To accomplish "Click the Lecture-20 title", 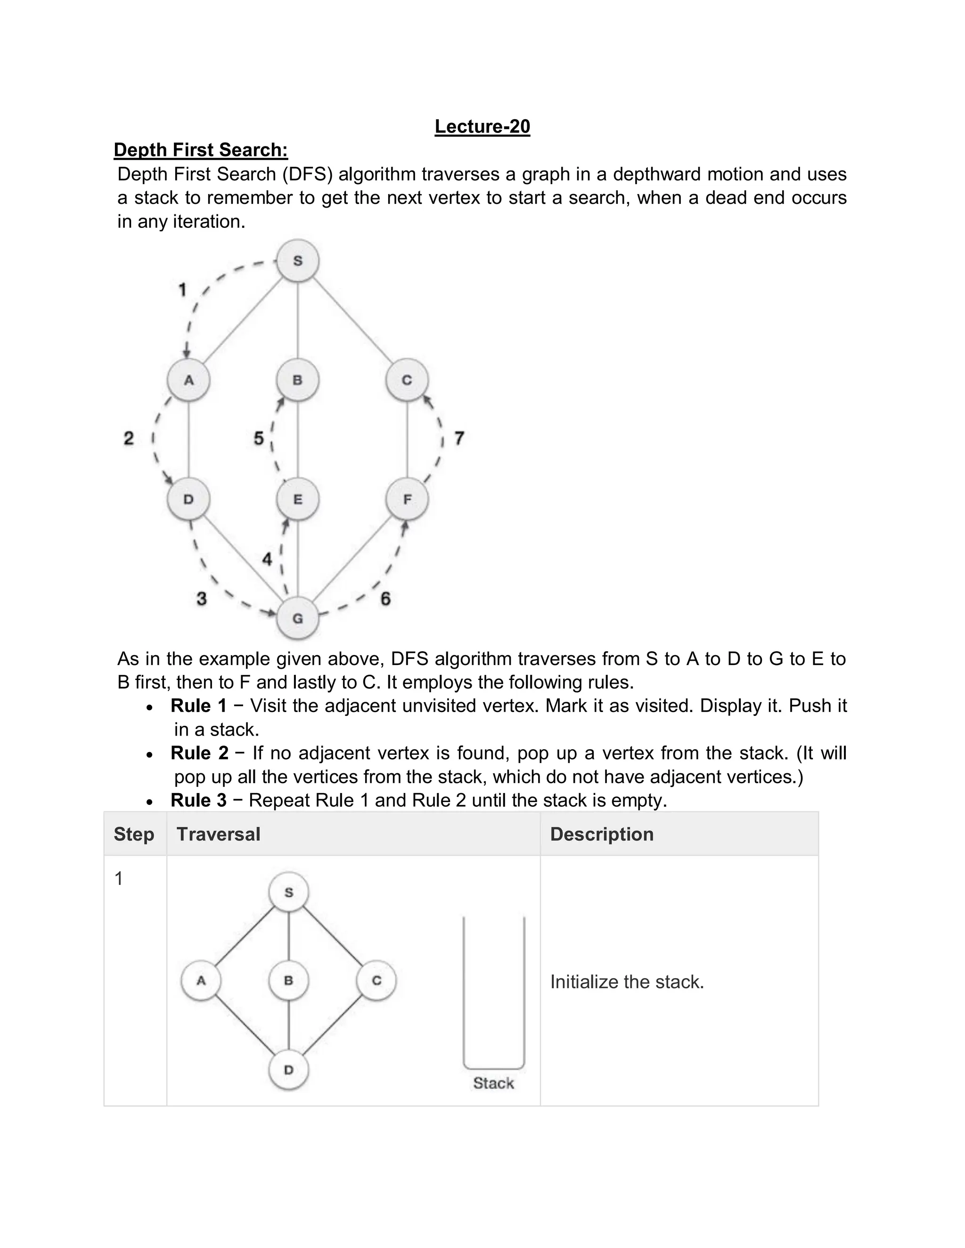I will [482, 126].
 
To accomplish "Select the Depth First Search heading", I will [201, 150].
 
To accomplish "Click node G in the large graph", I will [297, 618].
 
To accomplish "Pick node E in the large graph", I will [297, 499].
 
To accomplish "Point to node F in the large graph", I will [407, 499].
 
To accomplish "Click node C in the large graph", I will [407, 380].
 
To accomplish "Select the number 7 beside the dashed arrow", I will [459, 438].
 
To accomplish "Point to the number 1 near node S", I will [182, 290].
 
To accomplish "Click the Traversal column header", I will [218, 835].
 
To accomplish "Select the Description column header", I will [601, 835].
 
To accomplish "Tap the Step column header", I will [134, 835].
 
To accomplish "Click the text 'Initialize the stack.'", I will [627, 982].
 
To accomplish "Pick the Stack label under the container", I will [493, 1083].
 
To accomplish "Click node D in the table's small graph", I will [289, 1070].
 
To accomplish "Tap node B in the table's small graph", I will [289, 981].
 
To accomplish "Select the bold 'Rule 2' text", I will [199, 753].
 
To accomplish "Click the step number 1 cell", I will [119, 878].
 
